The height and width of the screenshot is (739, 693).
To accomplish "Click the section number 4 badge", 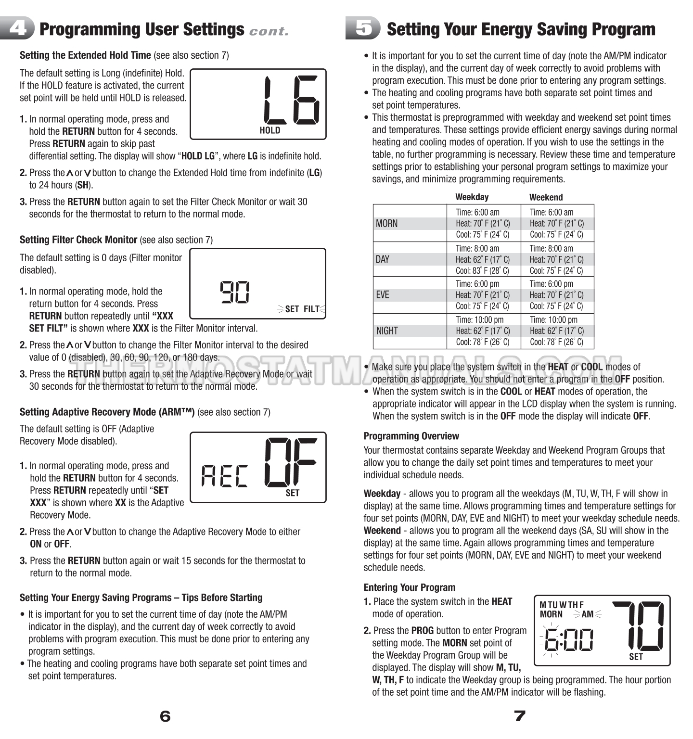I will click(x=18, y=29).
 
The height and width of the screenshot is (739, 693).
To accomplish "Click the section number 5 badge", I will click(x=363, y=28).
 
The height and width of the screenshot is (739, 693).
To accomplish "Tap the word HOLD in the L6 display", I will click(x=269, y=130).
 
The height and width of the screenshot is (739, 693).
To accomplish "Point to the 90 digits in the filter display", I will click(x=235, y=292).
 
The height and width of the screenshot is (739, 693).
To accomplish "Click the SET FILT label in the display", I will click(x=302, y=309).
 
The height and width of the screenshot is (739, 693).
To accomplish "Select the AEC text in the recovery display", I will click(x=224, y=476).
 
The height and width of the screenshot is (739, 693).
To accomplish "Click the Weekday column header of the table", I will click(x=472, y=197).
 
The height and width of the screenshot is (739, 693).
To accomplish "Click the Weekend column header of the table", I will click(x=546, y=197).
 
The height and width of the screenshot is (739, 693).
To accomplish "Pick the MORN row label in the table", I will click(x=386, y=223).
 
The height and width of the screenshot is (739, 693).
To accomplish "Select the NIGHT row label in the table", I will click(x=387, y=331).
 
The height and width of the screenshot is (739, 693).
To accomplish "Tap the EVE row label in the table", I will click(x=383, y=295).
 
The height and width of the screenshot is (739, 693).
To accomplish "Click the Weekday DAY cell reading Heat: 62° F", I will click(x=483, y=259).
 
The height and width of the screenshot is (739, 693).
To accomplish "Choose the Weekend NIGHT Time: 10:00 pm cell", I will click(x=553, y=319).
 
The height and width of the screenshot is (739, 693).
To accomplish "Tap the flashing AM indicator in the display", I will click(x=588, y=614).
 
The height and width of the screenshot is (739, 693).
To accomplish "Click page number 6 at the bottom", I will click(x=165, y=716).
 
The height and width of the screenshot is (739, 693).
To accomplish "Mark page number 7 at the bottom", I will click(x=519, y=716).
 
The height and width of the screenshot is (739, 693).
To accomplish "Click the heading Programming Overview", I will click(x=411, y=436).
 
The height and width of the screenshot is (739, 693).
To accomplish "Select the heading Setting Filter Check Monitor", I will click(x=78, y=240).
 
